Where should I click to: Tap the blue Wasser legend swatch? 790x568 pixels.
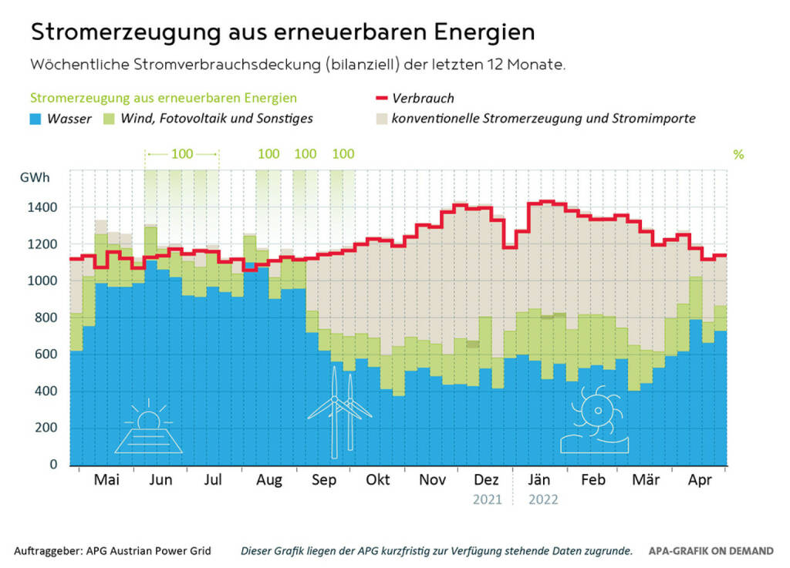tap(36, 119)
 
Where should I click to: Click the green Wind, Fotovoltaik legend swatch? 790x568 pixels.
tap(108, 119)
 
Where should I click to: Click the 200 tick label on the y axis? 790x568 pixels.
tap(48, 428)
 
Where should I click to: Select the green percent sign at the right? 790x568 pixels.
tap(738, 154)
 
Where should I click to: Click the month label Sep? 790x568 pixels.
tap(324, 479)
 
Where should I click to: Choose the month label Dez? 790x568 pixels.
tap(488, 479)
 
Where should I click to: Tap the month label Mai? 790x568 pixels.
tap(106, 479)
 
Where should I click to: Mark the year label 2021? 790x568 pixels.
tap(488, 499)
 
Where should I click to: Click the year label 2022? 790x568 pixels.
tap(543, 499)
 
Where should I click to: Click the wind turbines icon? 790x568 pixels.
tap(340, 412)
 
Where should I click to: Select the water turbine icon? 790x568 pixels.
tap(594, 420)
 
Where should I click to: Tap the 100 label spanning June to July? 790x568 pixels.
tap(182, 153)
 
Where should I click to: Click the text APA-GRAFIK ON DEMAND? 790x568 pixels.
tap(711, 551)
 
